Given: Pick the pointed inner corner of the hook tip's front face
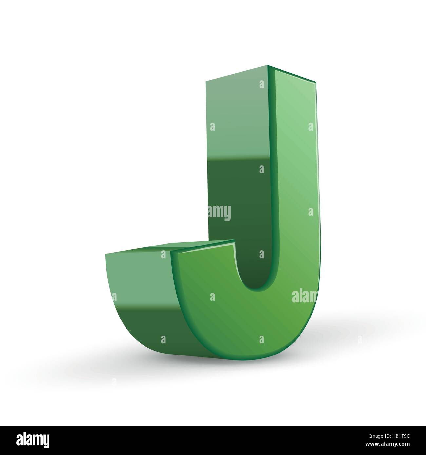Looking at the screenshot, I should (x=234, y=242).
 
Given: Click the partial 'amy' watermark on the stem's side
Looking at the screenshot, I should (x=220, y=213).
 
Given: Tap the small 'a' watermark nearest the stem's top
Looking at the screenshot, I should (x=261, y=84).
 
